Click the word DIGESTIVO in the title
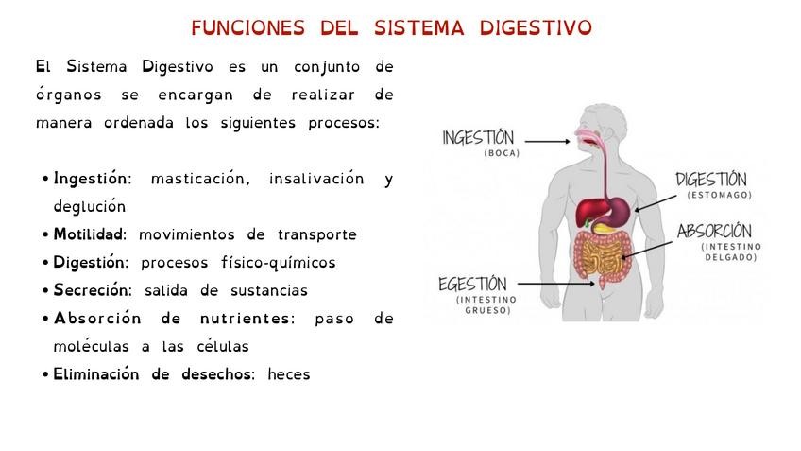(536, 28)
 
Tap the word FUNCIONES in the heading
(248, 28)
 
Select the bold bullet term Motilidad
(89, 234)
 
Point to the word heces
(288, 374)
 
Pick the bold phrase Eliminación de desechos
(153, 374)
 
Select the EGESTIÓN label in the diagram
(472, 285)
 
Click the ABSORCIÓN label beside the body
(714, 232)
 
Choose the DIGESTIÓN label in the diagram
(711, 180)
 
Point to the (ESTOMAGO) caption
(720, 196)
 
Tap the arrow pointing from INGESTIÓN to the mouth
(547, 141)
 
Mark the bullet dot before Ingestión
(45, 180)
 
